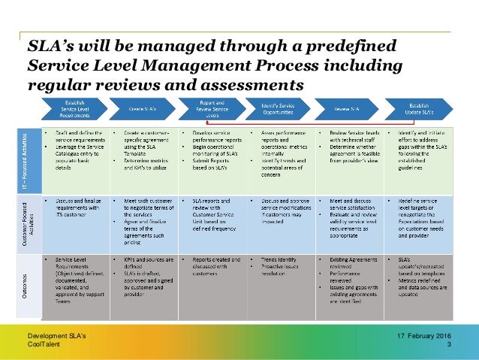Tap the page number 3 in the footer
pos(449,345)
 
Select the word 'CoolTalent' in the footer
pos(44,345)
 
